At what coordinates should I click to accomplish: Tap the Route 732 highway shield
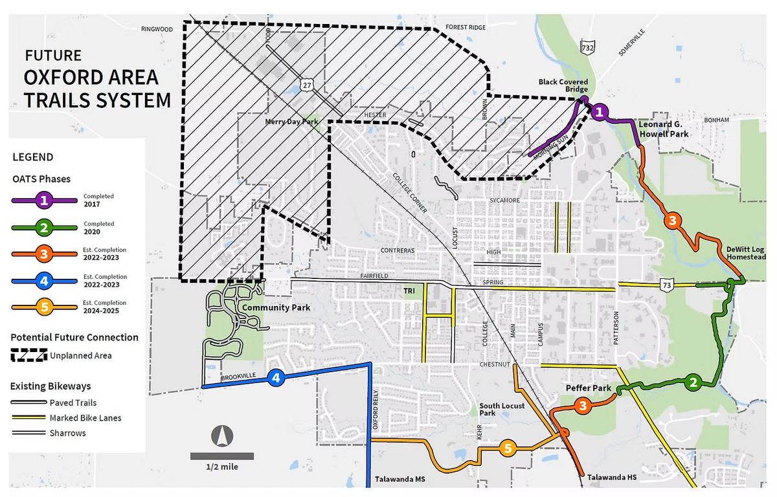pyautogui.click(x=587, y=48)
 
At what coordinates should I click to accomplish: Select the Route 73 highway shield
pyautogui.click(x=666, y=285)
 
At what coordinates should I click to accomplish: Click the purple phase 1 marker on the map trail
pyautogui.click(x=600, y=112)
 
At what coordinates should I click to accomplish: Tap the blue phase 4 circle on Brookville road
pyautogui.click(x=276, y=378)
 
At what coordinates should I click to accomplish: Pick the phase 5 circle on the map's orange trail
pyautogui.click(x=508, y=448)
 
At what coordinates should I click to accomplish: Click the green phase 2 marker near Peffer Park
pyautogui.click(x=693, y=382)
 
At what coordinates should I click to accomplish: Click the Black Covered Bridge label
pyautogui.click(x=563, y=86)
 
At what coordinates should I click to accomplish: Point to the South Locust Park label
pyautogui.click(x=496, y=409)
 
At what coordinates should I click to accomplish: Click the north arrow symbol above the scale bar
pyautogui.click(x=221, y=437)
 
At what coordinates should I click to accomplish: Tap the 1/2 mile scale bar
pyautogui.click(x=221, y=456)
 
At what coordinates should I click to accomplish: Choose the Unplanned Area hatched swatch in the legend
pyautogui.click(x=29, y=355)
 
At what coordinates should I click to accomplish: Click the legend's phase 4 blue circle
pyautogui.click(x=44, y=282)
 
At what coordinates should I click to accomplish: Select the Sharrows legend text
pyautogui.click(x=67, y=433)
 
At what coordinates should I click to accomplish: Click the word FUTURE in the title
pyautogui.click(x=53, y=55)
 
